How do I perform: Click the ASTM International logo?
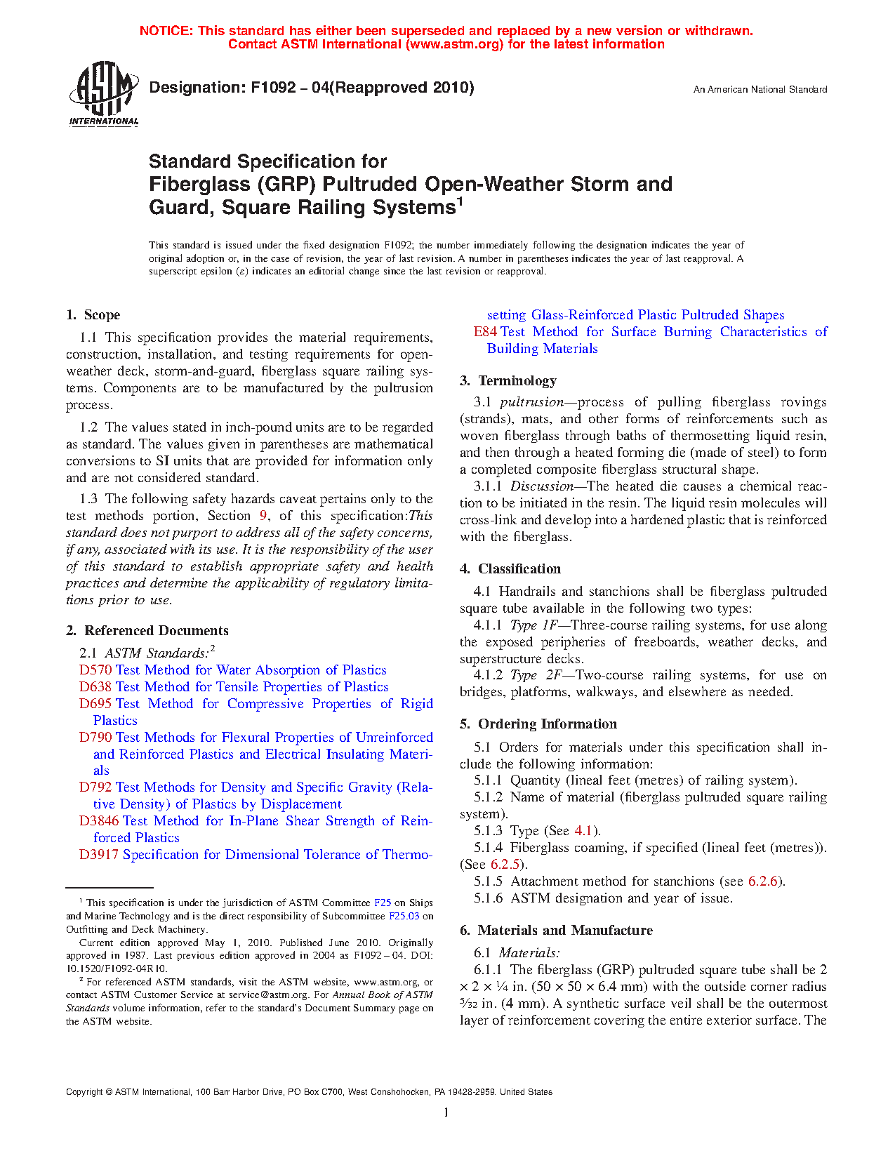(103, 93)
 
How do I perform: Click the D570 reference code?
(95, 670)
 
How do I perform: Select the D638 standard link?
(95, 687)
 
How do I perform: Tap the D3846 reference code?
(99, 821)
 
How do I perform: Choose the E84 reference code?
(485, 332)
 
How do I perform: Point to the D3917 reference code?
(99, 855)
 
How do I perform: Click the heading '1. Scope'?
(93, 315)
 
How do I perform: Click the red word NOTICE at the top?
(166, 31)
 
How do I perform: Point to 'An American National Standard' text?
(760, 90)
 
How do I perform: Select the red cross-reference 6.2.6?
(764, 881)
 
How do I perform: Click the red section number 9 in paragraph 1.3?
(264, 516)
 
